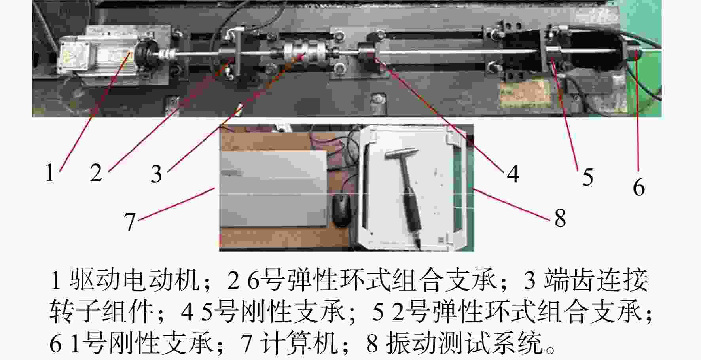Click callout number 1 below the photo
point(49,173)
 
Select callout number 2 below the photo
point(96,173)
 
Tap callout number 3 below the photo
point(156,174)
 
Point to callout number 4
point(513,174)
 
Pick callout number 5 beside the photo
point(588,176)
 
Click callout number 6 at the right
point(639,187)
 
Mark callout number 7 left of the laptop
point(130,222)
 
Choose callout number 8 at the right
point(560,218)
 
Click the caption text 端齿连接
point(596,280)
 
